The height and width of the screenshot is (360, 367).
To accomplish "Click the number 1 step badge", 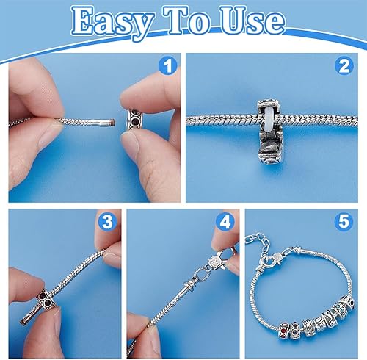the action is (x=168, y=65).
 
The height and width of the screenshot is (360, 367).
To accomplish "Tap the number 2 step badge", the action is (x=344, y=65).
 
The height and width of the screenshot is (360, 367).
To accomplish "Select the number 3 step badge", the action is (x=107, y=222).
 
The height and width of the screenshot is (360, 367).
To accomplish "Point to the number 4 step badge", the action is (x=225, y=222).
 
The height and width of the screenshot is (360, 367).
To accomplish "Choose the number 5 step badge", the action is (x=344, y=222).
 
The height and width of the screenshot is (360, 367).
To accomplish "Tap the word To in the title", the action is (x=187, y=20).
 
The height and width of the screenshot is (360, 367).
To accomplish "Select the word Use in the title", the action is (x=252, y=21).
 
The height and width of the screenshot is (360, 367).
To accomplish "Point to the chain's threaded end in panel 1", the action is (x=107, y=122).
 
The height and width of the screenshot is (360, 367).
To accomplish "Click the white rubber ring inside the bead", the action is (x=269, y=115).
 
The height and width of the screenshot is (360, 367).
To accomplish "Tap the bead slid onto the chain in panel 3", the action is (x=46, y=299).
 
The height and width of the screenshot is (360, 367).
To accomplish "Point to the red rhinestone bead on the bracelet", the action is (x=284, y=330).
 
